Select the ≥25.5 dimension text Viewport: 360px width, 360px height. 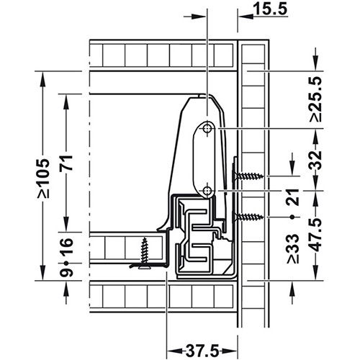[315, 94]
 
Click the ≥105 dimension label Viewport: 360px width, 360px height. [45, 177]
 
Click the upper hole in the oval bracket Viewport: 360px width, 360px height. [207, 127]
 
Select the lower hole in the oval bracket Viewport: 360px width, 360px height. [207, 190]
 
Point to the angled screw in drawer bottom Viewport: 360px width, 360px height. [148, 252]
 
